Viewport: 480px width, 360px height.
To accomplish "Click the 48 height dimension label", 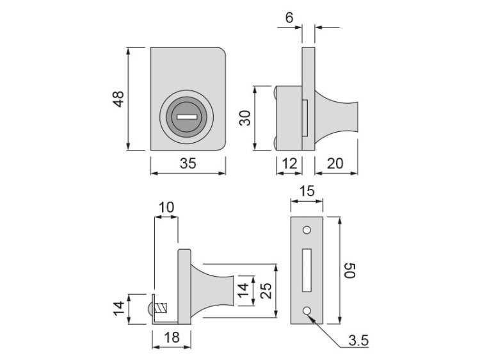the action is pos(119,99).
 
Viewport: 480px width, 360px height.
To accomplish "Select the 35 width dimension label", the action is pos(188,163).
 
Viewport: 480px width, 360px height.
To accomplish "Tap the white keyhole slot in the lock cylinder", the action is pos(187,117).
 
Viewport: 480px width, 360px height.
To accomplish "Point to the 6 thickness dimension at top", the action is pos(289,18).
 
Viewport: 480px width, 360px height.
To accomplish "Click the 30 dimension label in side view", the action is pos(245,118).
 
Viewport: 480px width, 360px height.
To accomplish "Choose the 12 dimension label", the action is pos(289,163).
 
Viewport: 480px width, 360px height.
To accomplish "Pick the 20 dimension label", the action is pos(335,163).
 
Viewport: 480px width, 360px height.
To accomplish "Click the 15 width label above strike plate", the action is pos(307,191).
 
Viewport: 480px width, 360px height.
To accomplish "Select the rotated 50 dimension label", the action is pos(349,270).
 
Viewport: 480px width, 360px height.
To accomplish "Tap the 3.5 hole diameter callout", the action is pos(358,340).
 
